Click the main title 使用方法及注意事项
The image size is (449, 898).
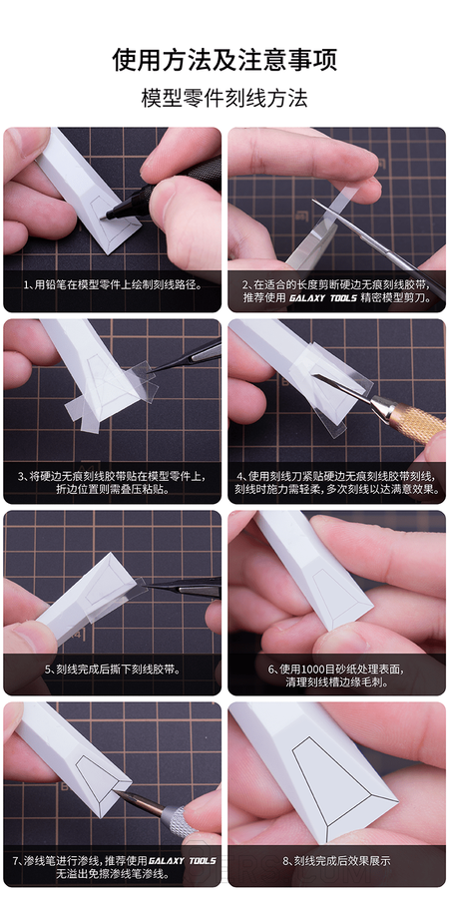(x=224, y=60)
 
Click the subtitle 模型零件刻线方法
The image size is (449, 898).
(x=224, y=98)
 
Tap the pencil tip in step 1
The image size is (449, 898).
(x=103, y=218)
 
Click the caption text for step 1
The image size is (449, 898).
(x=112, y=284)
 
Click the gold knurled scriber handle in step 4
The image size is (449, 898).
(x=417, y=423)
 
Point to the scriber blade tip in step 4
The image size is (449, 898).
(x=314, y=376)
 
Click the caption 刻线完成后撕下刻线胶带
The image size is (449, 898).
(x=112, y=669)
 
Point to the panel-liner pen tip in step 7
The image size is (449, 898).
(x=115, y=791)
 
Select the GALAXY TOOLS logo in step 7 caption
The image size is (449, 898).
(x=183, y=861)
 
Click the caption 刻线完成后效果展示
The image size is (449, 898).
(x=336, y=861)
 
